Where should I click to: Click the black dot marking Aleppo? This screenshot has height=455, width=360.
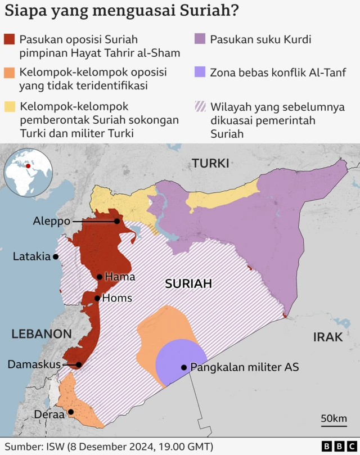[x=117, y=222]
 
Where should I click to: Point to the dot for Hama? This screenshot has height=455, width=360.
[x=100, y=277]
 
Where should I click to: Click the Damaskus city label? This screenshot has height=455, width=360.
[x=34, y=364]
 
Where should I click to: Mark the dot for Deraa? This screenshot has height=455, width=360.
[x=71, y=413]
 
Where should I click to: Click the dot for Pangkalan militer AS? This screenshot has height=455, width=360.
[x=184, y=367]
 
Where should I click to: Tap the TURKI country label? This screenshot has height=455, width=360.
[x=210, y=164]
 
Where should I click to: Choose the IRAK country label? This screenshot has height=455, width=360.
[x=327, y=337]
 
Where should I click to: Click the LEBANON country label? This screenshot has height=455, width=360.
[x=42, y=334]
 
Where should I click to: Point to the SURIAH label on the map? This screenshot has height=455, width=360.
[x=188, y=284]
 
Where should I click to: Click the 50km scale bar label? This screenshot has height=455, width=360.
[x=333, y=418]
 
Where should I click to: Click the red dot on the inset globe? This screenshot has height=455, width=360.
[x=28, y=166]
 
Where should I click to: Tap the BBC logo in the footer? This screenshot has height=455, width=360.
[x=331, y=446]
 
